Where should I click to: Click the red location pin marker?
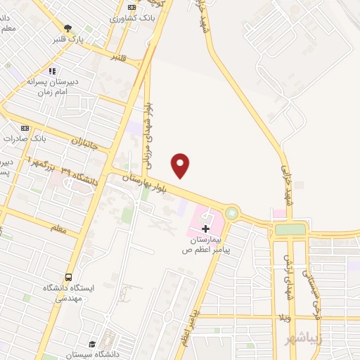pos(181,165)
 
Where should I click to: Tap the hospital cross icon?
pos(205,229)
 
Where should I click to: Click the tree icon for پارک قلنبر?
pos(67,28)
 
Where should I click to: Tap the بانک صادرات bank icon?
pos(25,128)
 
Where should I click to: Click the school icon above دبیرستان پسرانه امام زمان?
pos(51,71)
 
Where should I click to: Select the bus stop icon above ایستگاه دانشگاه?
pos(68,277)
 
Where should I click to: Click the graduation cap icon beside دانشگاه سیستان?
pos(93,344)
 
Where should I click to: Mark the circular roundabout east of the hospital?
pos(231,212)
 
